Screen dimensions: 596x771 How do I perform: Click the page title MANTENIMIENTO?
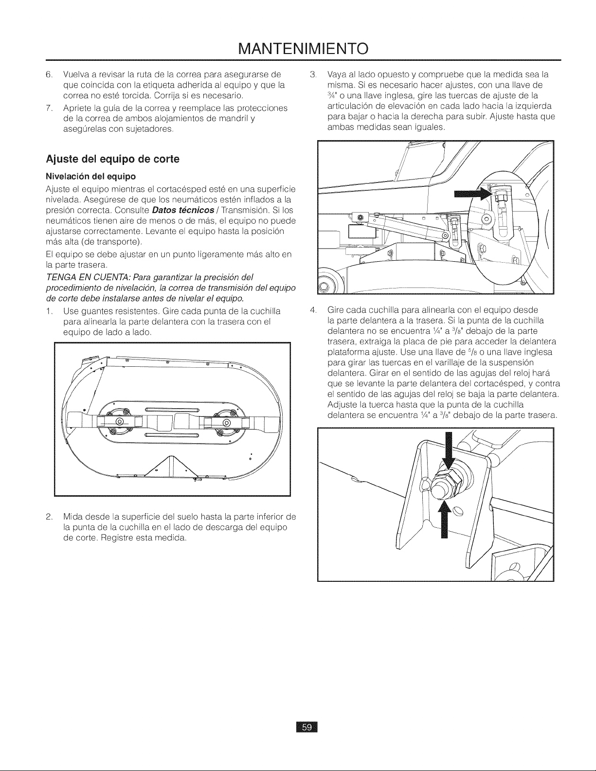pyautogui.click(x=303, y=49)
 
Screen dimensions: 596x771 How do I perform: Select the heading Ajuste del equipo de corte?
pyautogui.click(x=113, y=160)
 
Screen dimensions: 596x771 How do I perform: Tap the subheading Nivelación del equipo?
pyautogui.click(x=91, y=177)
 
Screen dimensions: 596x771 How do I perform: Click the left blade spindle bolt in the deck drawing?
pyautogui.click(x=120, y=422)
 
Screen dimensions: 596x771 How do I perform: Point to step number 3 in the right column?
pyautogui.click(x=312, y=75)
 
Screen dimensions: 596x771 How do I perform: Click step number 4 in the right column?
pyautogui.click(x=312, y=310)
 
